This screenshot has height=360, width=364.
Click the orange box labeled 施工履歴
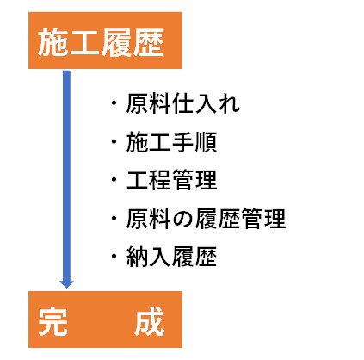tap(105, 40)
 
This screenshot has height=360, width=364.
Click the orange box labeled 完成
tap(105, 320)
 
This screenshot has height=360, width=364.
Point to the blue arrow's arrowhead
tap(66, 283)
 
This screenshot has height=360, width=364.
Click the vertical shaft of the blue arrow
tap(66, 175)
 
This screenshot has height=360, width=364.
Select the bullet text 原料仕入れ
tap(182, 103)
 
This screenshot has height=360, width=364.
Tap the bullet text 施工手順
tap(171, 141)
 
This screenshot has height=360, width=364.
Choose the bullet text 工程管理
tap(171, 180)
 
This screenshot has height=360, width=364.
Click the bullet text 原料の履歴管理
tap(206, 219)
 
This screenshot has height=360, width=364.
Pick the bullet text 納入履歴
tap(171, 257)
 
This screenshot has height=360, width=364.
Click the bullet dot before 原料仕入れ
tap(114, 103)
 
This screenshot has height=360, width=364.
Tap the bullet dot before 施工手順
tap(114, 141)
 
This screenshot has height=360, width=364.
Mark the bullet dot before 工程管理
tap(114, 180)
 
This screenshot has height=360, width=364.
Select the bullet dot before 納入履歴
tap(114, 257)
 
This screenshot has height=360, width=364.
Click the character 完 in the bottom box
tap(52, 321)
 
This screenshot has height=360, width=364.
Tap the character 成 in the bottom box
tap(150, 321)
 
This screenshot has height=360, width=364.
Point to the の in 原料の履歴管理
tap(183, 219)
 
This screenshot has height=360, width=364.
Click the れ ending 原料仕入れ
tap(229, 103)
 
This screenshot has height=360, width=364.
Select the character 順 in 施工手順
tap(206, 141)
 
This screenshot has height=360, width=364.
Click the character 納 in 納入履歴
tap(137, 257)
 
